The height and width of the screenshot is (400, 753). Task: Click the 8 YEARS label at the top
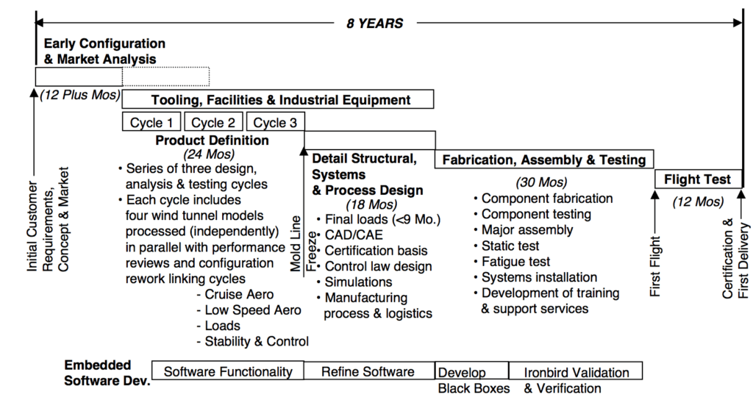pyautogui.click(x=375, y=24)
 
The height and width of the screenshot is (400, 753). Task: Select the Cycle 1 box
pyautogui.click(x=151, y=123)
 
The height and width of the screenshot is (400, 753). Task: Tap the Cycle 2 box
pyautogui.click(x=214, y=123)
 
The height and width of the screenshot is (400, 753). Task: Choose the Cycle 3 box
pyautogui.click(x=275, y=123)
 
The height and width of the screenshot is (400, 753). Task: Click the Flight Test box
pyautogui.click(x=697, y=179)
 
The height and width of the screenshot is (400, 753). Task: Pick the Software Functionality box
pyautogui.click(x=228, y=371)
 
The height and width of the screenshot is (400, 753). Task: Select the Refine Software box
pyautogui.click(x=368, y=371)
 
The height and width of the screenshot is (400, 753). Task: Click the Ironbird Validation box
pyautogui.click(x=577, y=372)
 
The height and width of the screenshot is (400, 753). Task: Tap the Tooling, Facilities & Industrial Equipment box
pyautogui.click(x=281, y=99)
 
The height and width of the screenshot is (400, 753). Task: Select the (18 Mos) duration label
pyautogui.click(x=371, y=204)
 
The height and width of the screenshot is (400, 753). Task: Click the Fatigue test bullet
pyautogui.click(x=515, y=262)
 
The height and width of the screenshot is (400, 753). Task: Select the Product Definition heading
pyautogui.click(x=212, y=140)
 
